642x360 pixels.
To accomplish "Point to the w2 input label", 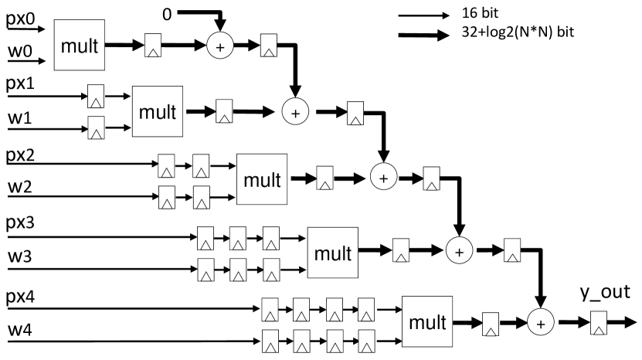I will [x=19, y=188].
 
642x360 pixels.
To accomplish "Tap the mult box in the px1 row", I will [x=158, y=111].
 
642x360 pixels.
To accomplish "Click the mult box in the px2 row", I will [x=261, y=178].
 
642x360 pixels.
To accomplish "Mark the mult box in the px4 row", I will [x=426, y=321].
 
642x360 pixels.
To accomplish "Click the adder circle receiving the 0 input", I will [x=219, y=47].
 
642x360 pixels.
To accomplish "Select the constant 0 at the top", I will [x=167, y=12].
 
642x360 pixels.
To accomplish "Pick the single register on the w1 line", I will [x=96, y=125].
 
